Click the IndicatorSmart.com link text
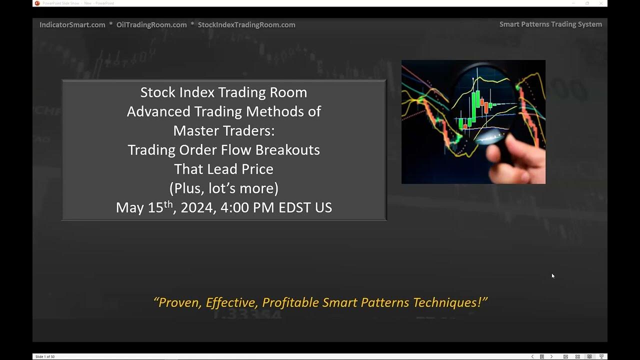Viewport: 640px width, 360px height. [72, 24]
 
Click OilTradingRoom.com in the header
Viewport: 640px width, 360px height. [151, 24]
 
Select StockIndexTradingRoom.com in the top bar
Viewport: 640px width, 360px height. [246, 24]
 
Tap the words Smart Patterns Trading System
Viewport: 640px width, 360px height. [550, 24]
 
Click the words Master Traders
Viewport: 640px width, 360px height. [223, 130]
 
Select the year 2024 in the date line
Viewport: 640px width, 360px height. [197, 207]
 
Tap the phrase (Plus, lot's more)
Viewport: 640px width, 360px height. [223, 188]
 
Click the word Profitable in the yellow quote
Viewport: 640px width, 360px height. [290, 302]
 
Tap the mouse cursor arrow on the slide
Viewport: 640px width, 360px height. [553, 275]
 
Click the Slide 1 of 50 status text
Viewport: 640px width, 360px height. [45, 356]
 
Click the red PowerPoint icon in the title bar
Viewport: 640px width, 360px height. [37, 3]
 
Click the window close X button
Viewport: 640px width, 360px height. [601, 3]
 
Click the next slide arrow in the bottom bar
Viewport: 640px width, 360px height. [551, 356]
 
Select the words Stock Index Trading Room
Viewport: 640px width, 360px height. [223, 92]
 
